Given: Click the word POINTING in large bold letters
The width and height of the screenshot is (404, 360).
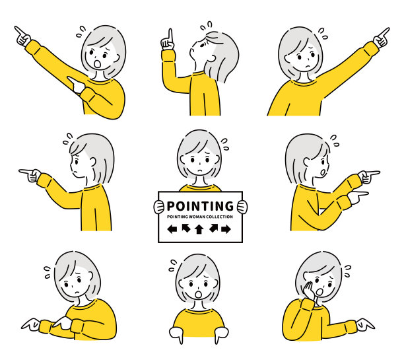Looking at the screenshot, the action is pyautogui.click(x=200, y=206).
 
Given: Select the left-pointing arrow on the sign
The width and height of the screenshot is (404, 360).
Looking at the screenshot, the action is pyautogui.click(x=172, y=229).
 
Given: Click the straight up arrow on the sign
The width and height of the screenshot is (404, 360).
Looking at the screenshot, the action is pyautogui.click(x=199, y=229).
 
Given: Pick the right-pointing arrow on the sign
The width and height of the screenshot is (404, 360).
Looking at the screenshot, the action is pyautogui.click(x=226, y=229).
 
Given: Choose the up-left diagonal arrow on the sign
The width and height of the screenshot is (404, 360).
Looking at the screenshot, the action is pyautogui.click(x=185, y=228).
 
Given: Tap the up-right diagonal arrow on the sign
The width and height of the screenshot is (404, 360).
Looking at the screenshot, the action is pyautogui.click(x=214, y=228).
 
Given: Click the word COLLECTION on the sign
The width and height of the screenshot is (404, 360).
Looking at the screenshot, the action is pyautogui.click(x=220, y=217).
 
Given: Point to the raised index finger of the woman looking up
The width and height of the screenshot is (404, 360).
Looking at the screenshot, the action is pyautogui.click(x=170, y=35).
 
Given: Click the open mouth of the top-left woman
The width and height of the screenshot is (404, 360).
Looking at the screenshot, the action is pyautogui.click(x=98, y=64).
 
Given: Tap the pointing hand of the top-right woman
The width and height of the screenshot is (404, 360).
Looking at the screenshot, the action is pyautogui.click(x=381, y=38).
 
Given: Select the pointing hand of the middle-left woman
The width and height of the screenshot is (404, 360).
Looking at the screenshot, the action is pyautogui.click(x=30, y=174).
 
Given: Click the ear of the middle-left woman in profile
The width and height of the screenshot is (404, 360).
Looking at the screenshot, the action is pyautogui.click(x=92, y=162).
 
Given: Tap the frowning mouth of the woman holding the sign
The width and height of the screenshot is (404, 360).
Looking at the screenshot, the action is pyautogui.click(x=200, y=170).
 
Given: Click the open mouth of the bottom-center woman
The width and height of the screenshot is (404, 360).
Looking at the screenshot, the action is pyautogui.click(x=199, y=295).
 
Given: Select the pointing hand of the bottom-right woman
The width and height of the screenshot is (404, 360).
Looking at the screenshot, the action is pyautogui.click(x=365, y=324).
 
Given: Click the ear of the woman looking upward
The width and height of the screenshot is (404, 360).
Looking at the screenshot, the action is pyautogui.click(x=211, y=59).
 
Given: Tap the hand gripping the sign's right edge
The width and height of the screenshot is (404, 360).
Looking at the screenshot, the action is pyautogui.click(x=242, y=207).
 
